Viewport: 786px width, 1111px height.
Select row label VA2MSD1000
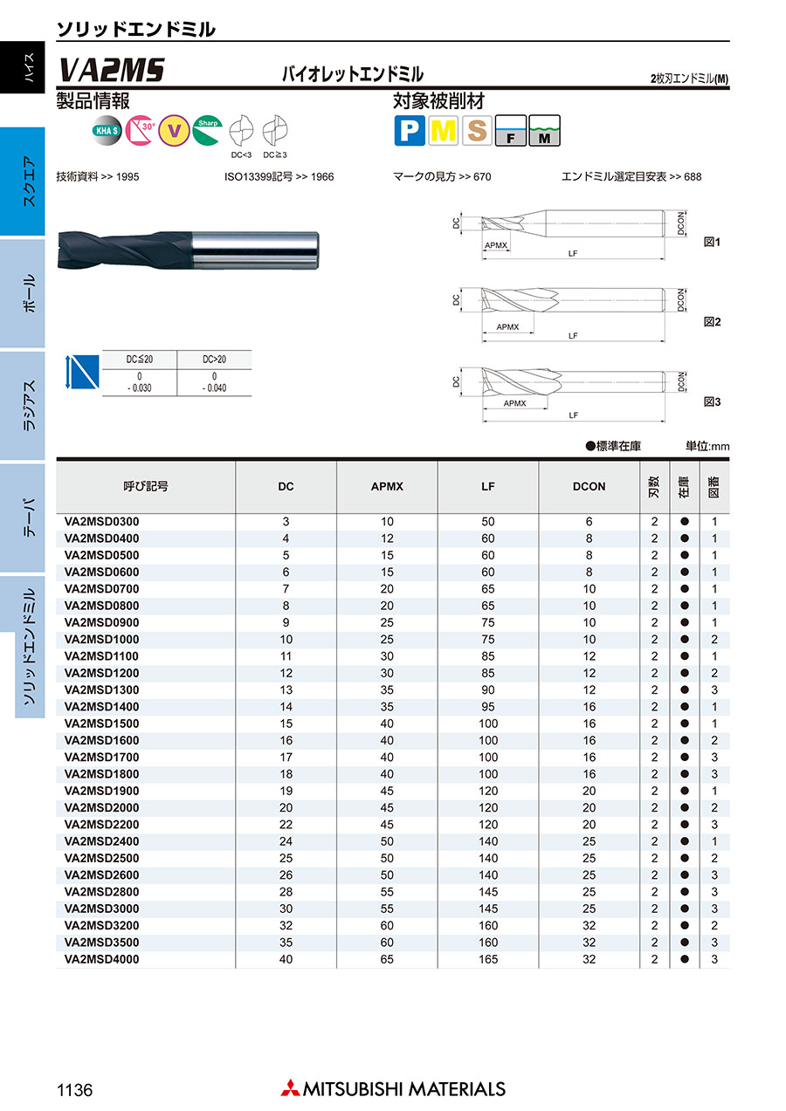101,640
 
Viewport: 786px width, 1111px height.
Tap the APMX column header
387,486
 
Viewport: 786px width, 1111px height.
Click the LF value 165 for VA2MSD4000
488,959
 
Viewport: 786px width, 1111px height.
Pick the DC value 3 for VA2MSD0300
286,522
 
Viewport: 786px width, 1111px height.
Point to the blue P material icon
409,131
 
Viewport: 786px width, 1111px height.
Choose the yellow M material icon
444,131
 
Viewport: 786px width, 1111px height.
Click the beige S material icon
478,131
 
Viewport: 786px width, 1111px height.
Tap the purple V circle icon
176,131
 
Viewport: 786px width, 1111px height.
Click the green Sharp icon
208,129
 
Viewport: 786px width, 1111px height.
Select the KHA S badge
107,131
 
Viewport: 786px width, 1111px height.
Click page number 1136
74,1090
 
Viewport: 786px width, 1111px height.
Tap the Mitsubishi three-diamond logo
289,1088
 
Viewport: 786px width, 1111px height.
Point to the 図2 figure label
712,322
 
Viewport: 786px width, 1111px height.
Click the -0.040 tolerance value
214,387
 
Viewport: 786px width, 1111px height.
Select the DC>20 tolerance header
214,360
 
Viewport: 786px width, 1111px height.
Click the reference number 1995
127,177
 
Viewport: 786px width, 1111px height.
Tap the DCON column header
589,486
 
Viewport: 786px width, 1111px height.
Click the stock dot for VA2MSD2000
686,808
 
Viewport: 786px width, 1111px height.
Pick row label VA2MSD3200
101,925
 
